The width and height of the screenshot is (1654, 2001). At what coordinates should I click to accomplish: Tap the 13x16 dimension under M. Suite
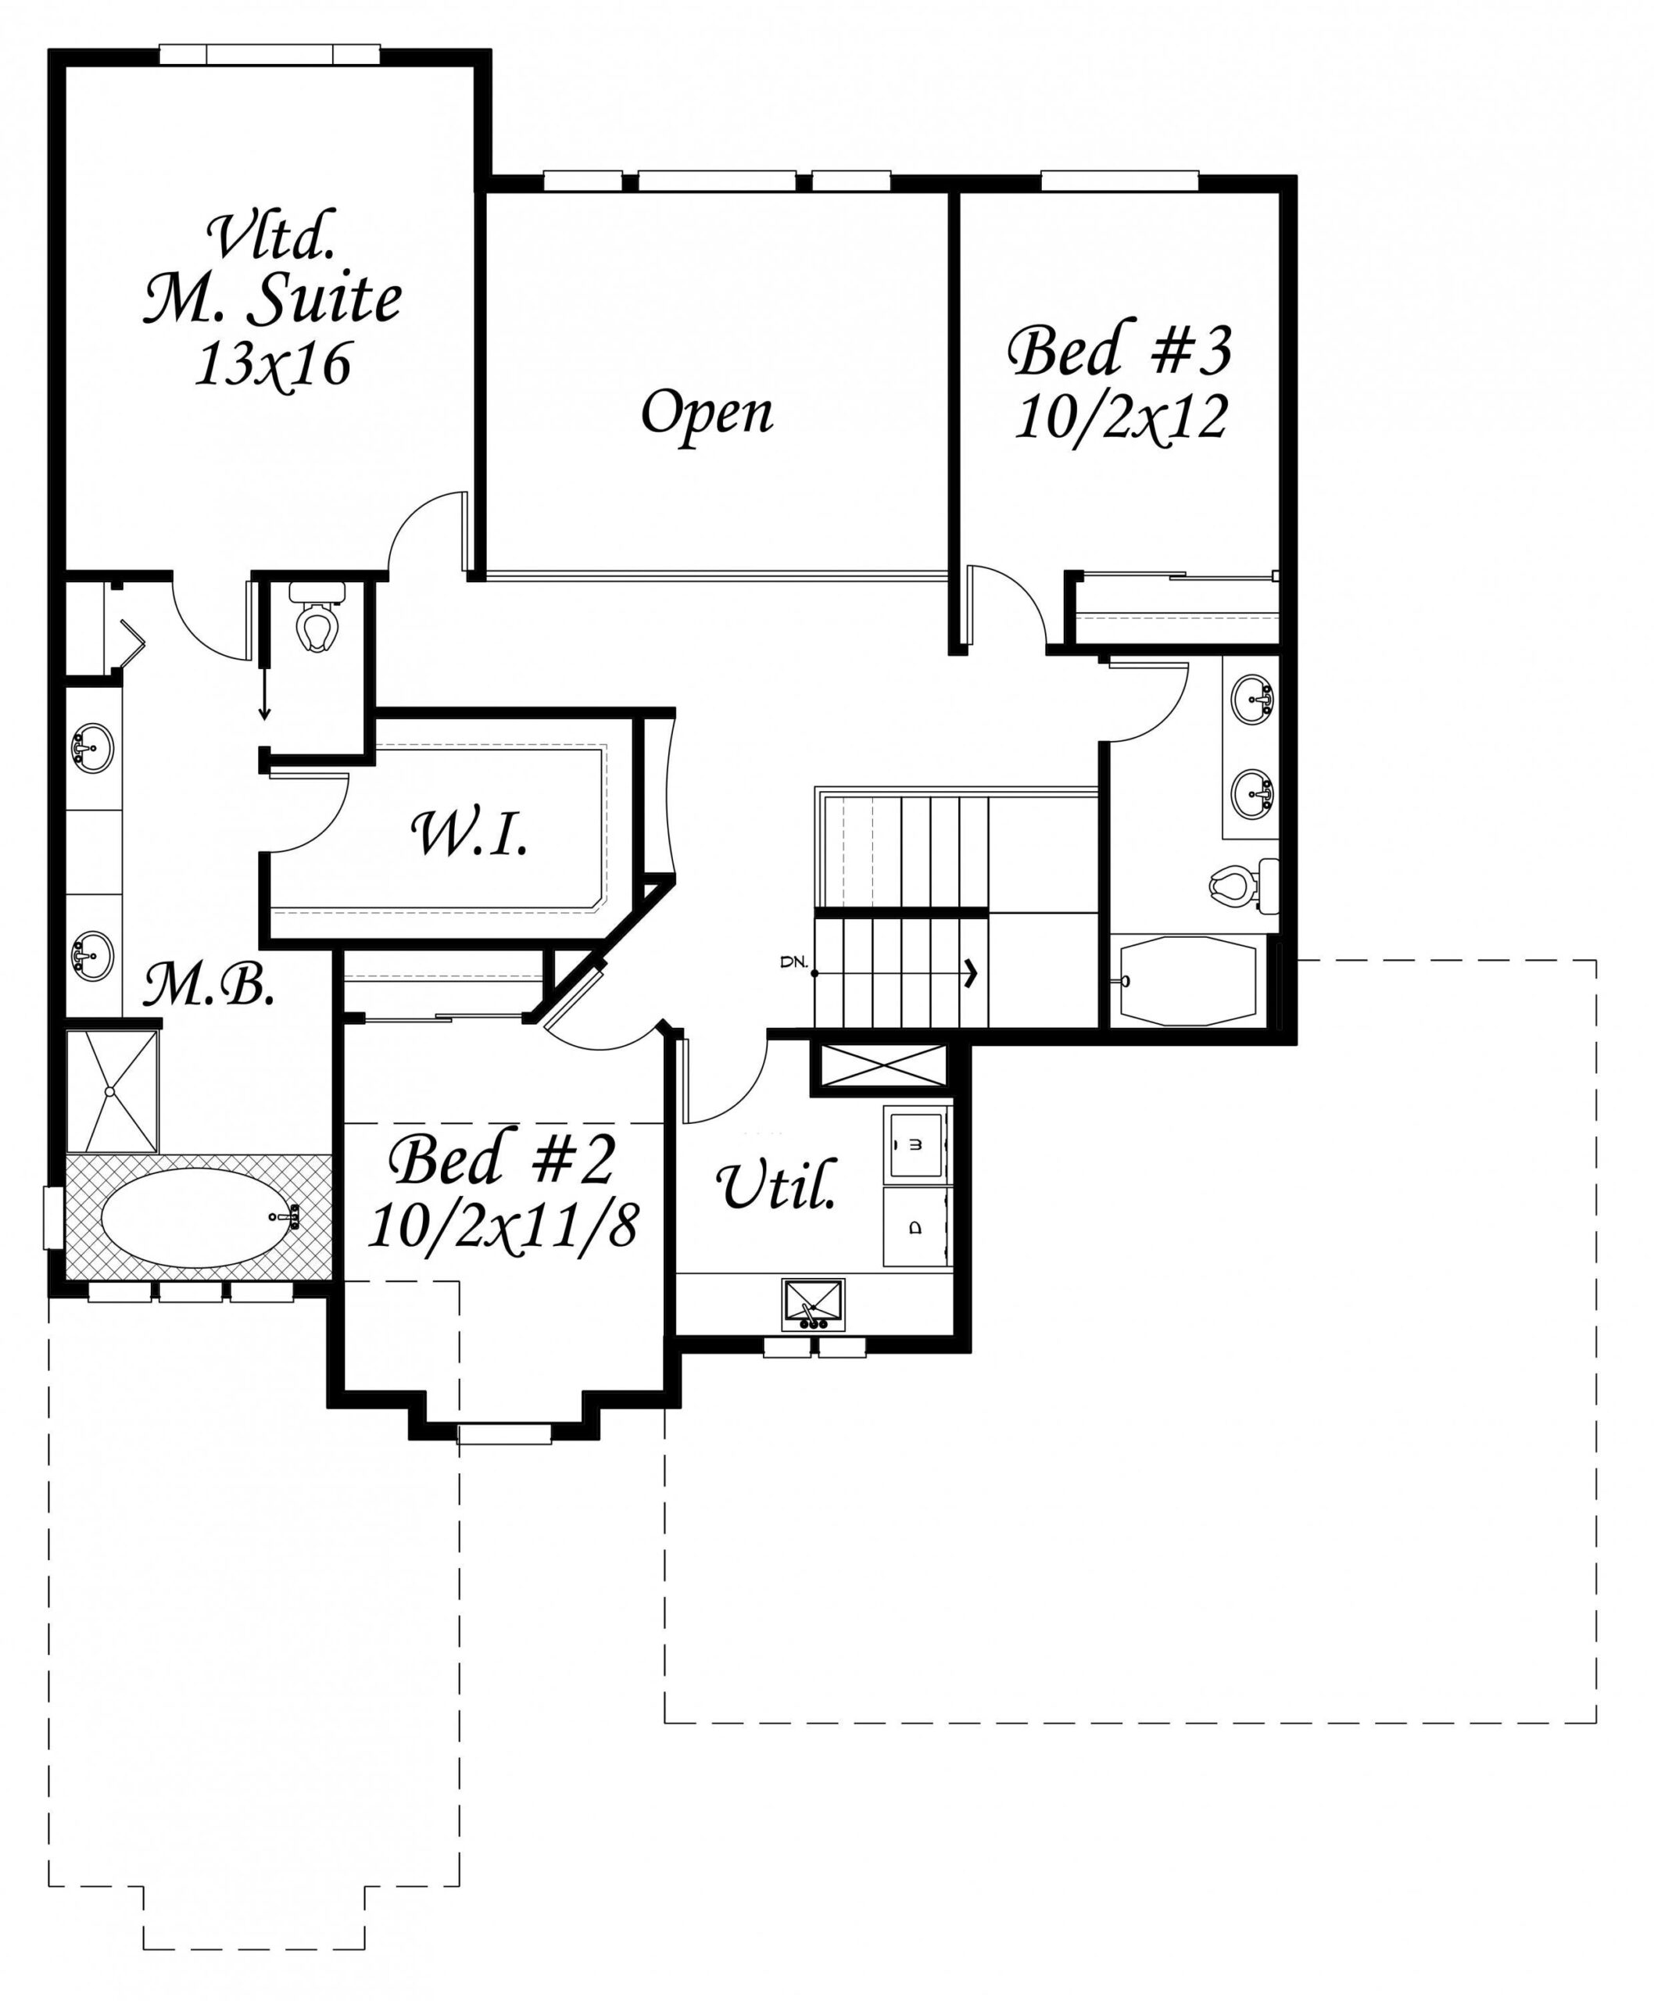[x=273, y=364]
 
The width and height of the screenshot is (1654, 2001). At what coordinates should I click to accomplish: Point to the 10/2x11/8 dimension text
[x=502, y=1226]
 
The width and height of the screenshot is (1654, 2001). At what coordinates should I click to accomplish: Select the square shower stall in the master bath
[x=112, y=1092]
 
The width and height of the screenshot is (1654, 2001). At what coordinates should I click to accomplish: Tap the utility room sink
[x=813, y=1305]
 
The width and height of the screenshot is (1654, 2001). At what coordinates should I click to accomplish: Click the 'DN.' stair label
[x=793, y=962]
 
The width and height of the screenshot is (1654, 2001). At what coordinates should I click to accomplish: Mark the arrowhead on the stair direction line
[x=971, y=973]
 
